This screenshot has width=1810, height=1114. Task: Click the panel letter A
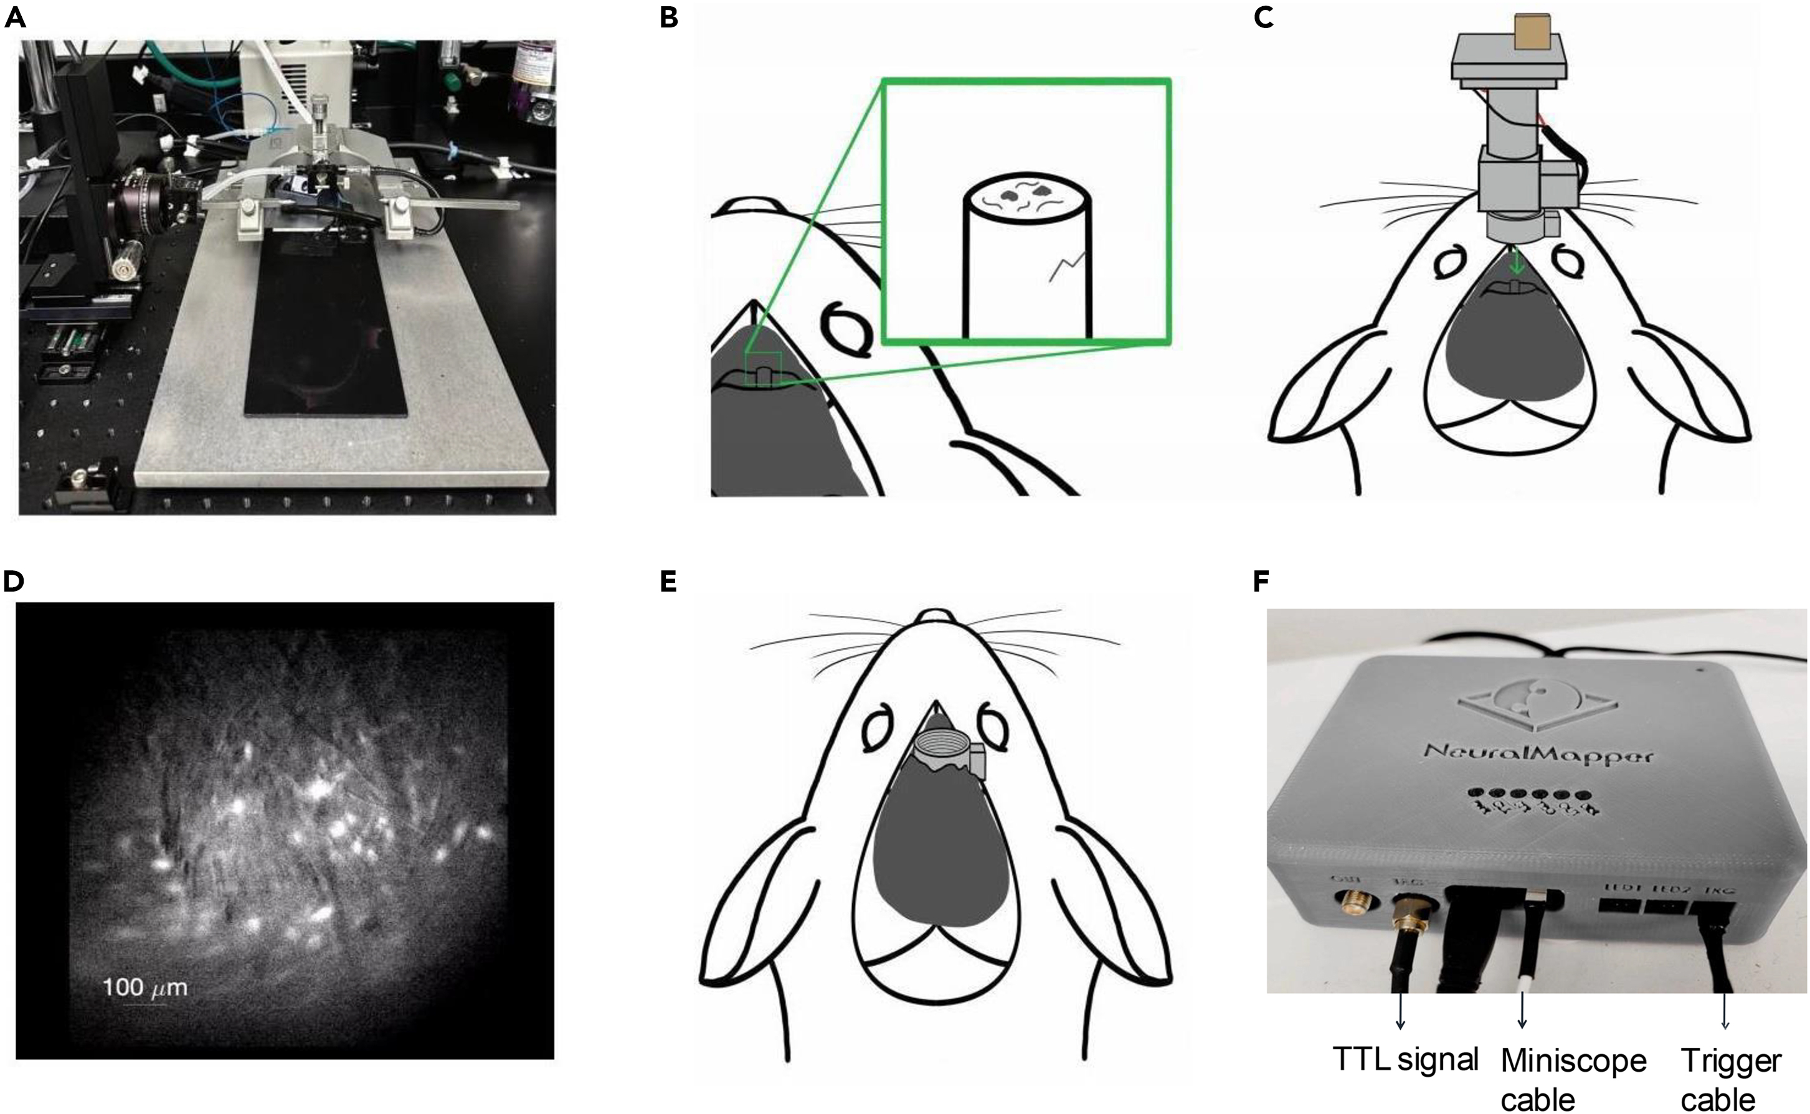[15, 17]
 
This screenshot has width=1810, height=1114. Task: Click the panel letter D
[13, 582]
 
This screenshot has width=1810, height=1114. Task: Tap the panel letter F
[1262, 582]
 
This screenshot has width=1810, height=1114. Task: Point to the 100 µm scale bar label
[145, 987]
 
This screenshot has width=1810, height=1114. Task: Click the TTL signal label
[1405, 1059]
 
